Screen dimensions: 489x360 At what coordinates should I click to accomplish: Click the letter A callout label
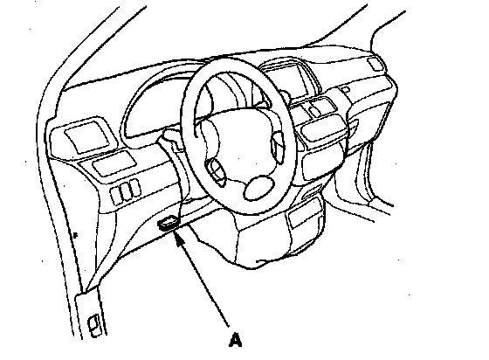(x=235, y=340)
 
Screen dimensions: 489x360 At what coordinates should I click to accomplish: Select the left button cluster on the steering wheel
(x=216, y=171)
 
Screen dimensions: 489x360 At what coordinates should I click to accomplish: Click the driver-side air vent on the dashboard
(x=87, y=137)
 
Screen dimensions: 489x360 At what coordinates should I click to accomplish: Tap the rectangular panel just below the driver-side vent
(x=114, y=163)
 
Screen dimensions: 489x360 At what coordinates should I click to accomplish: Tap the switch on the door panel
(x=95, y=326)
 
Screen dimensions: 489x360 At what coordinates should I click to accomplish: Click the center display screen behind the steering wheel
(x=286, y=80)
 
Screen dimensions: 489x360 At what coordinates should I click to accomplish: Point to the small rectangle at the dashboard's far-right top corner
(x=375, y=65)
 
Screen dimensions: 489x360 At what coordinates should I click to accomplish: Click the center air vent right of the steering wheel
(x=323, y=128)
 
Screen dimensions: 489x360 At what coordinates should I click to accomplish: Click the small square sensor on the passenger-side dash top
(x=345, y=89)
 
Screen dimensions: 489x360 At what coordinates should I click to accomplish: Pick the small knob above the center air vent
(x=313, y=110)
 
